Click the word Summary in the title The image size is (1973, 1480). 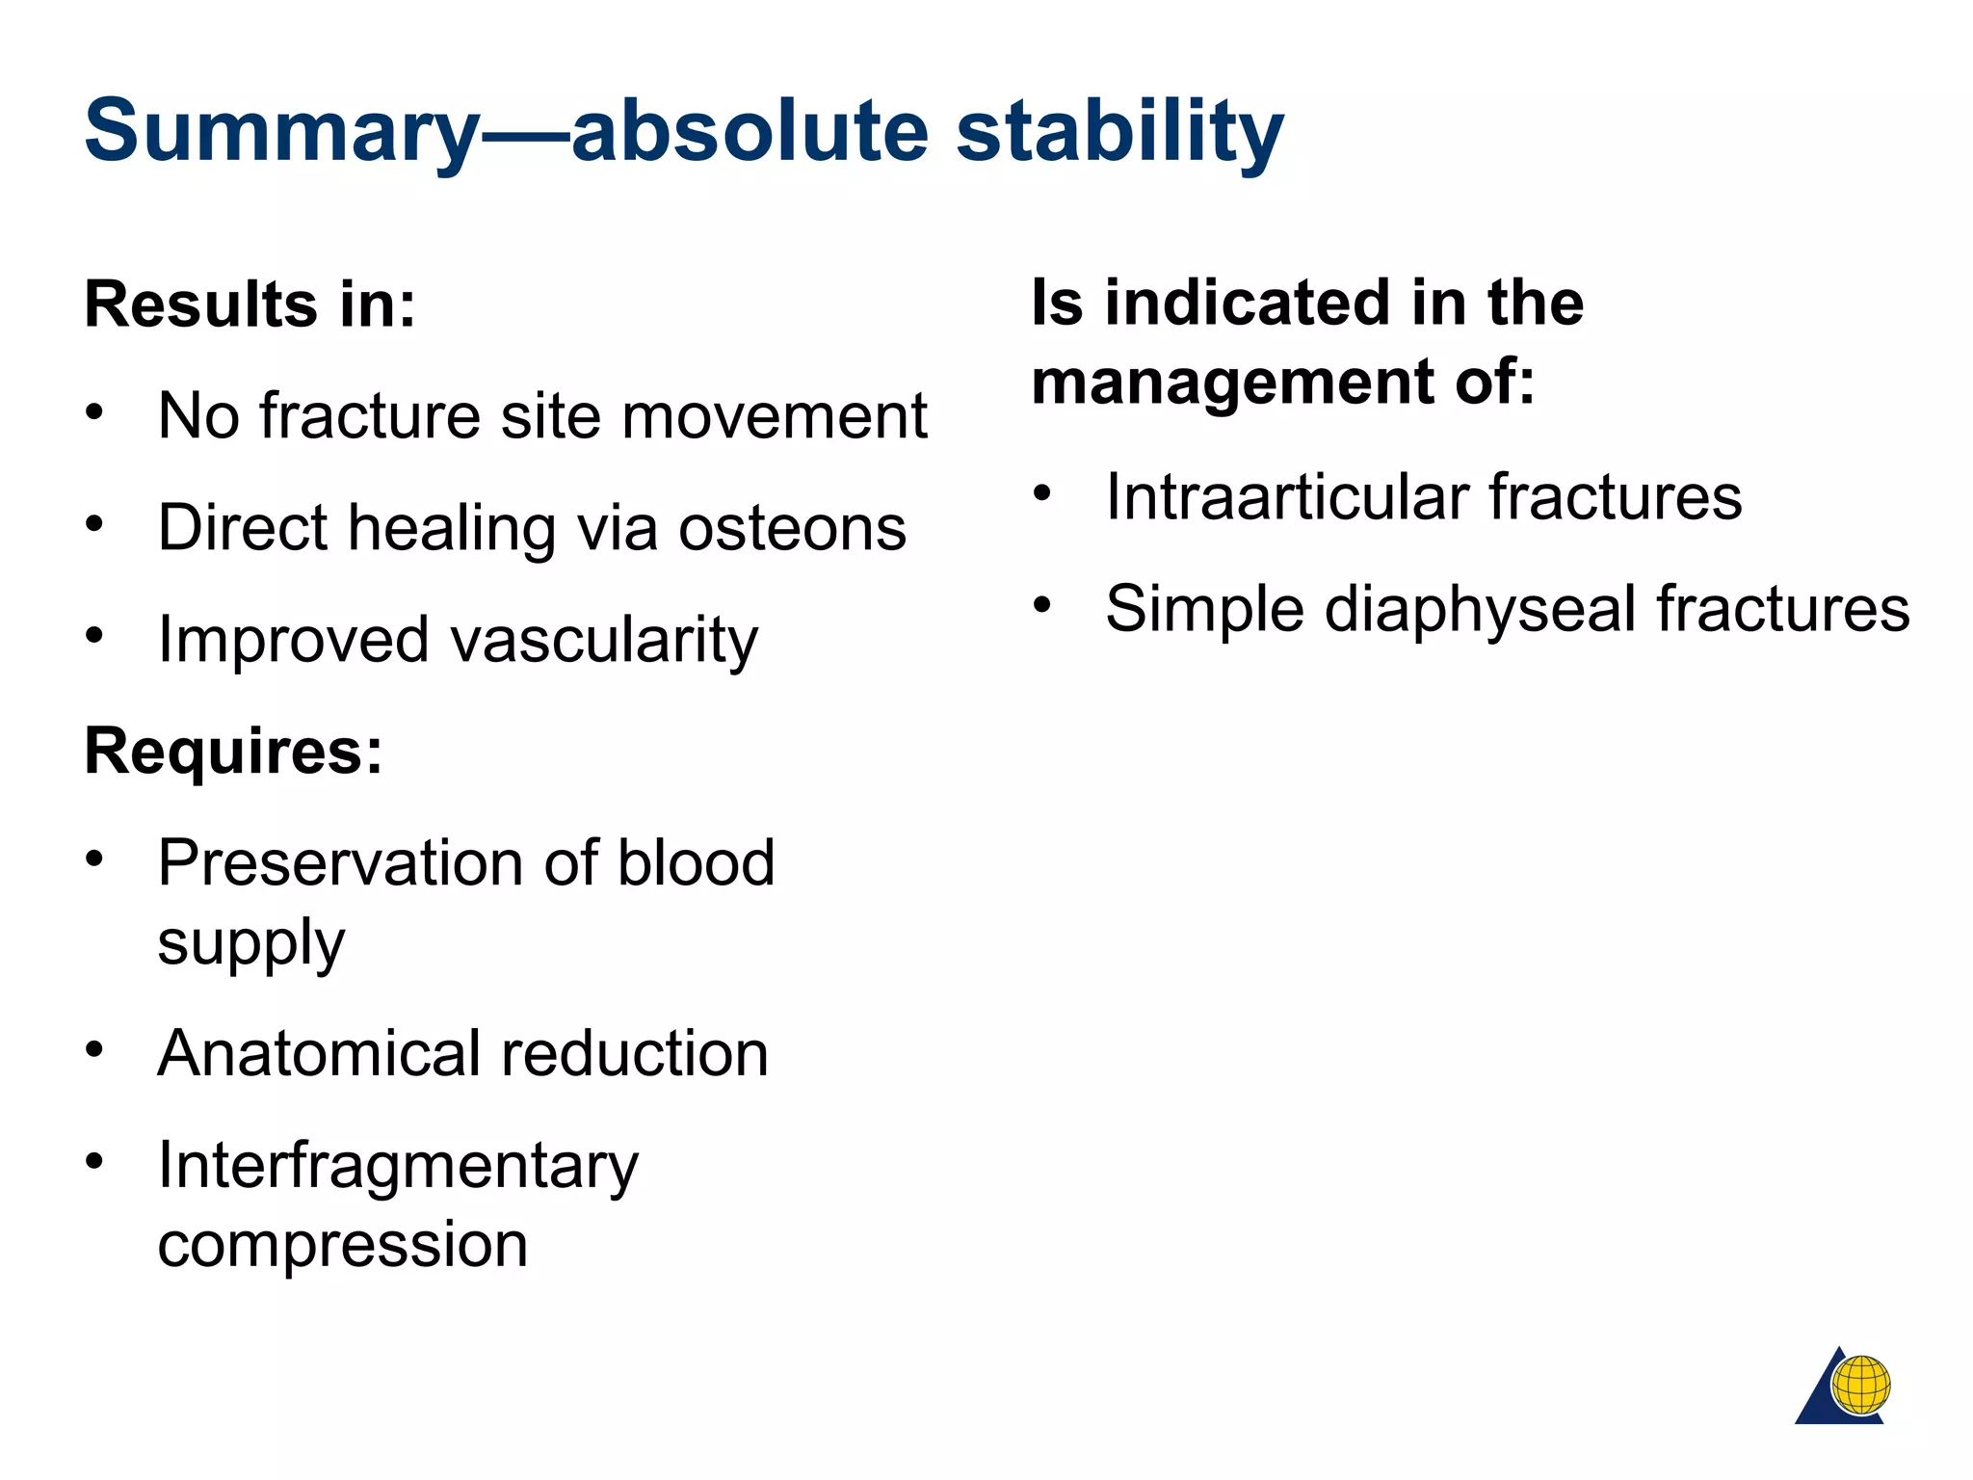click(x=281, y=132)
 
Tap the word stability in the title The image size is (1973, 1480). click(x=1118, y=132)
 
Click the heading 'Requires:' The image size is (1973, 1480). click(x=233, y=751)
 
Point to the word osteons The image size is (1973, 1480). click(x=792, y=528)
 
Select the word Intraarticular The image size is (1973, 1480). click(x=1284, y=497)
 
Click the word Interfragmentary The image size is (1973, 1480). click(x=398, y=1165)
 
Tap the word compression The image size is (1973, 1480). click(x=343, y=1244)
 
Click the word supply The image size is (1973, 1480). click(x=250, y=942)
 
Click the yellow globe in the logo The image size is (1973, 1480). click(x=1860, y=1386)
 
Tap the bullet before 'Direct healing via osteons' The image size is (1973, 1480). click(x=93, y=524)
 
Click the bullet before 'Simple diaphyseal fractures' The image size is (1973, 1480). click(x=1041, y=605)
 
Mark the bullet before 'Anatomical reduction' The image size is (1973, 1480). click(x=93, y=1049)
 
